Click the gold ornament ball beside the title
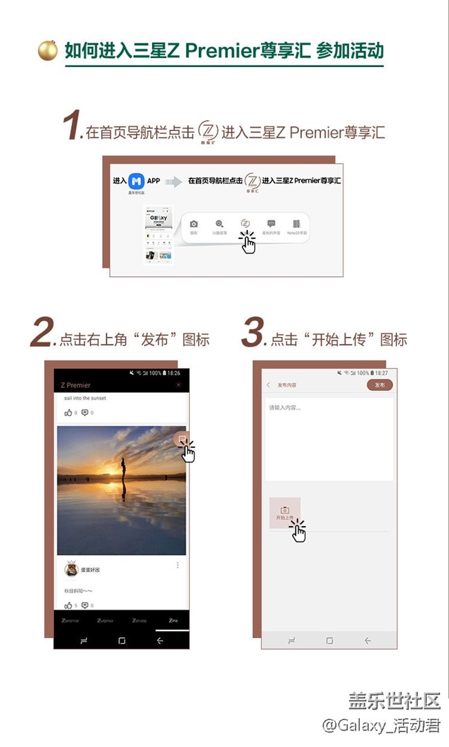pos(48,50)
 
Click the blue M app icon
pos(136,181)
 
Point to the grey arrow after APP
pos(173,182)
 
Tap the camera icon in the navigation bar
pos(194,224)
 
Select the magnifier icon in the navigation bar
pos(220,224)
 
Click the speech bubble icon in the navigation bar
pos(271,224)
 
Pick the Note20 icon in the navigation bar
pos(296,224)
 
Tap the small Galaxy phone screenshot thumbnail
pos(157,235)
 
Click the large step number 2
pos(42,335)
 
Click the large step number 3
pos(253,335)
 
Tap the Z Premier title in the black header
pos(76,385)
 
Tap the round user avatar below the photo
pos(71,570)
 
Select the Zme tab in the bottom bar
pos(173,621)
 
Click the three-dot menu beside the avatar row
pos(178,565)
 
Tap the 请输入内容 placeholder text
pos(285,407)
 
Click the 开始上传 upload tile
pos(285,512)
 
